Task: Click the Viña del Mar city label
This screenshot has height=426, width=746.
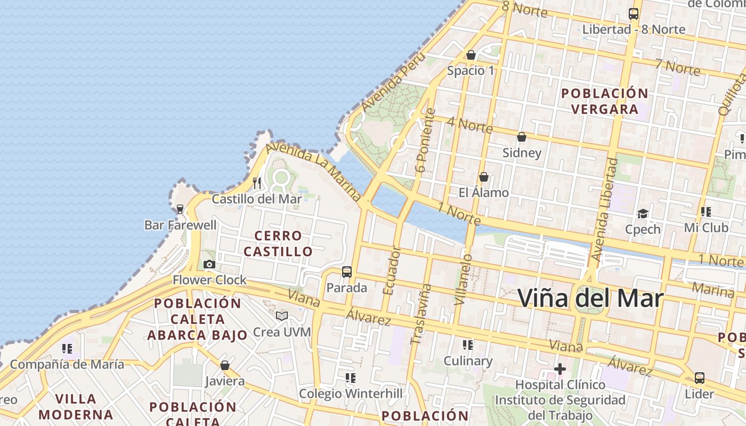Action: click(x=590, y=298)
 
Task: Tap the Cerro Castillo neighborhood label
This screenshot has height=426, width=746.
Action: click(x=278, y=243)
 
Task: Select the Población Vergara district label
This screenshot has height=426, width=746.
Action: click(x=605, y=101)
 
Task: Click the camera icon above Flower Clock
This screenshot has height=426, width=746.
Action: click(x=209, y=265)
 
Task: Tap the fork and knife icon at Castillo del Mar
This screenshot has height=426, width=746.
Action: click(x=257, y=183)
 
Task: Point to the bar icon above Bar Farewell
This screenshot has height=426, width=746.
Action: click(x=180, y=209)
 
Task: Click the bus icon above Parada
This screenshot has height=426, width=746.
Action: click(x=347, y=272)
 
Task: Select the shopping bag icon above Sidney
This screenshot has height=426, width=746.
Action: click(x=522, y=137)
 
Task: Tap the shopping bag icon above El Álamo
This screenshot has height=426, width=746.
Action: click(x=484, y=177)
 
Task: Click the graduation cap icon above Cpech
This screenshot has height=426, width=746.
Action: click(x=643, y=214)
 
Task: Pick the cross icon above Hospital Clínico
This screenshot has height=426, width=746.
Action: click(x=560, y=368)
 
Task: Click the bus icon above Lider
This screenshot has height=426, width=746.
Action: click(x=699, y=378)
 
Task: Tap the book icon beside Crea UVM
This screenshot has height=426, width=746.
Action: click(x=282, y=316)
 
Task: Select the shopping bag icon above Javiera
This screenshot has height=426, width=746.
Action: click(x=225, y=365)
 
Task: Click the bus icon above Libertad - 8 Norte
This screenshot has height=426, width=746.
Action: click(x=634, y=14)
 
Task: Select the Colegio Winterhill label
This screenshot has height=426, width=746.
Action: click(x=351, y=394)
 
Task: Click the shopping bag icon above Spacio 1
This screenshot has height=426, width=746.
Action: click(x=471, y=55)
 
